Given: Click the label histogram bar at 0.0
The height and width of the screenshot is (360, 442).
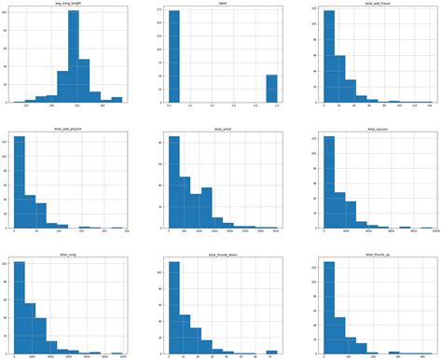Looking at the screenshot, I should [x=173, y=56].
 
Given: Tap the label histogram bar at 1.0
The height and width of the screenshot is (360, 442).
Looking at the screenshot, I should [x=271, y=89].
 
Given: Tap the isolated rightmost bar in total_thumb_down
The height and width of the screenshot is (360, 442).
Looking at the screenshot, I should [x=271, y=352].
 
